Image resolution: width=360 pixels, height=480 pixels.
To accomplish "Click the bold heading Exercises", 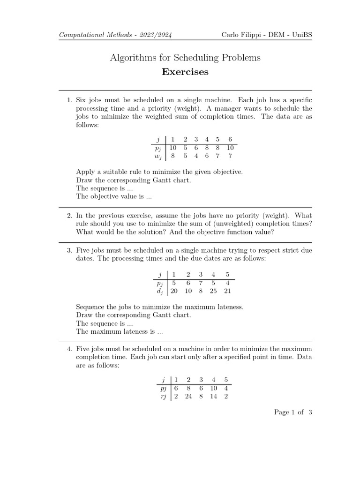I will click(185, 72).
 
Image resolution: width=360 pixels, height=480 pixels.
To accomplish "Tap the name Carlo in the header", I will click(231, 36).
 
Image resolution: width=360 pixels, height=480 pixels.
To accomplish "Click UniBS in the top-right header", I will click(301, 36).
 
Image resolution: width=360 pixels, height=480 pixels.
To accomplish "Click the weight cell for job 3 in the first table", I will click(196, 156).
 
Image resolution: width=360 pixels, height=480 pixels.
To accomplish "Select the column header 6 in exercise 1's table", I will click(230, 139).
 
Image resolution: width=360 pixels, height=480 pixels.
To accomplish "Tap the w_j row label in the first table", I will click(158, 156).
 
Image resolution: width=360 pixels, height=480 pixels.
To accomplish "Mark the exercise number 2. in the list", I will click(69, 215).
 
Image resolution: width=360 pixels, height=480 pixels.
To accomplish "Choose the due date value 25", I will click(214, 292).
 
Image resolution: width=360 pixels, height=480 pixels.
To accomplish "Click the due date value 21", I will click(228, 292).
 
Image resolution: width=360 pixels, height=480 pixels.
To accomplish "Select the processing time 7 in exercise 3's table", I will click(201, 283).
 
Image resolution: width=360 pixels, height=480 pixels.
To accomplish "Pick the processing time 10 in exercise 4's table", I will click(213, 388).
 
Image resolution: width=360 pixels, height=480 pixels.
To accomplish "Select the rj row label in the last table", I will click(164, 396).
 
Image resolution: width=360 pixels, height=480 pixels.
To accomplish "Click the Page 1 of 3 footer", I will click(293, 412).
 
